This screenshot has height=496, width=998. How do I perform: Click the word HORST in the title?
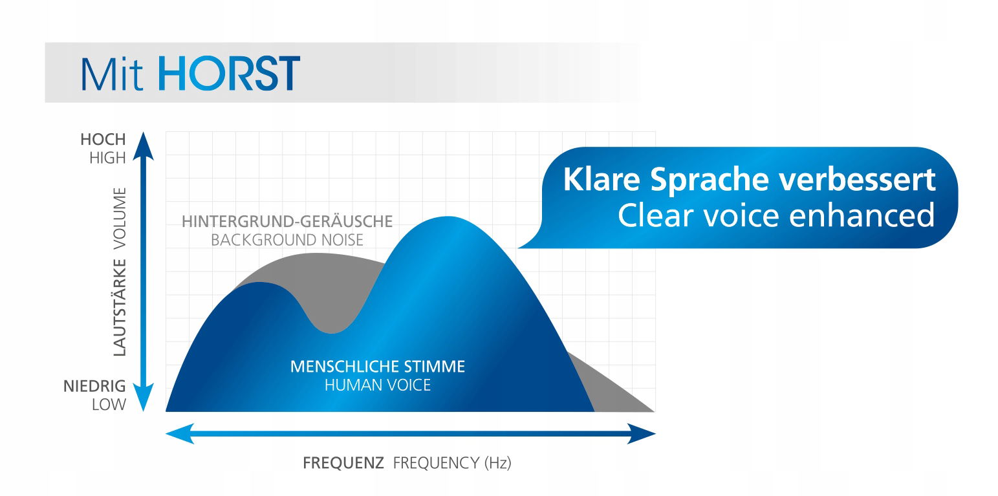coord(229,73)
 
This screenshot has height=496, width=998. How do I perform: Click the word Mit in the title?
coord(112,74)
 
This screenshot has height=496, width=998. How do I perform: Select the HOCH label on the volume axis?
coord(103,140)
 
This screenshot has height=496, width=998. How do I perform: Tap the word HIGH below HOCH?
coord(107,158)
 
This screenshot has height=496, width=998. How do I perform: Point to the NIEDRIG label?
coord(94,386)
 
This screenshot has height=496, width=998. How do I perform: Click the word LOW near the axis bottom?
coord(109,405)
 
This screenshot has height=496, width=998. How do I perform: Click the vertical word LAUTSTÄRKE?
coord(120,308)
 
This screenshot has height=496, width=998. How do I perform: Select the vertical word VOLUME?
coord(120,219)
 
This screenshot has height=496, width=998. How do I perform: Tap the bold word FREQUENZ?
coord(343,463)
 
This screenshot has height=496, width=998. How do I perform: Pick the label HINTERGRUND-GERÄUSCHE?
coord(287,221)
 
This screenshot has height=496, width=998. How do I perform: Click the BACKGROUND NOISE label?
coord(287,240)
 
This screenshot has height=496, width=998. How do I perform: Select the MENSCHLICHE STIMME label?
coord(377,367)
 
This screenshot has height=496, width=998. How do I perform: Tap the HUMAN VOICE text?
coord(377,385)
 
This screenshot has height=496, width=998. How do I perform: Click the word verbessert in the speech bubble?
coord(857,180)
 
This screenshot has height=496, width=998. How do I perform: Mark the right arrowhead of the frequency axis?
coord(641,434)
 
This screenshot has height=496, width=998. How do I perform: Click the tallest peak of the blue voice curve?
coord(448,218)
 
